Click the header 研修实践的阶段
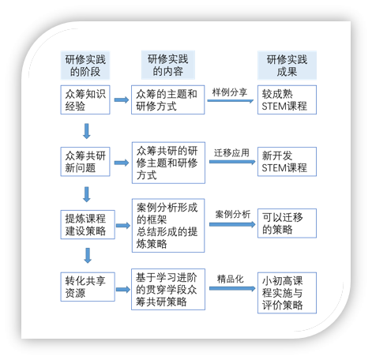click(x=85, y=66)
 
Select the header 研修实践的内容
click(x=168, y=65)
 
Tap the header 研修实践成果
click(x=287, y=66)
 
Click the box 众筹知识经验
click(x=85, y=99)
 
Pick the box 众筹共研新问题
click(x=85, y=162)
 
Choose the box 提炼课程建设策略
click(x=88, y=224)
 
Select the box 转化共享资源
click(x=88, y=287)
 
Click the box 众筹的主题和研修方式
click(x=168, y=99)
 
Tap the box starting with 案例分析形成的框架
click(x=168, y=226)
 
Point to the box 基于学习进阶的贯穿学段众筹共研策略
click(x=168, y=289)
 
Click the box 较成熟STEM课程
click(x=287, y=99)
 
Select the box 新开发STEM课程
click(x=287, y=162)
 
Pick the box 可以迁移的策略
click(x=287, y=223)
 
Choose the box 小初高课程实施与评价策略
click(x=287, y=293)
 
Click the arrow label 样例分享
click(x=230, y=92)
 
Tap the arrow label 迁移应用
click(x=231, y=153)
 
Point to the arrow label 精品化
click(x=231, y=279)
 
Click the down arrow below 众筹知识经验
click(x=87, y=131)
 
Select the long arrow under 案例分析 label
click(x=232, y=224)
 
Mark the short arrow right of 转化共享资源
click(x=123, y=290)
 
